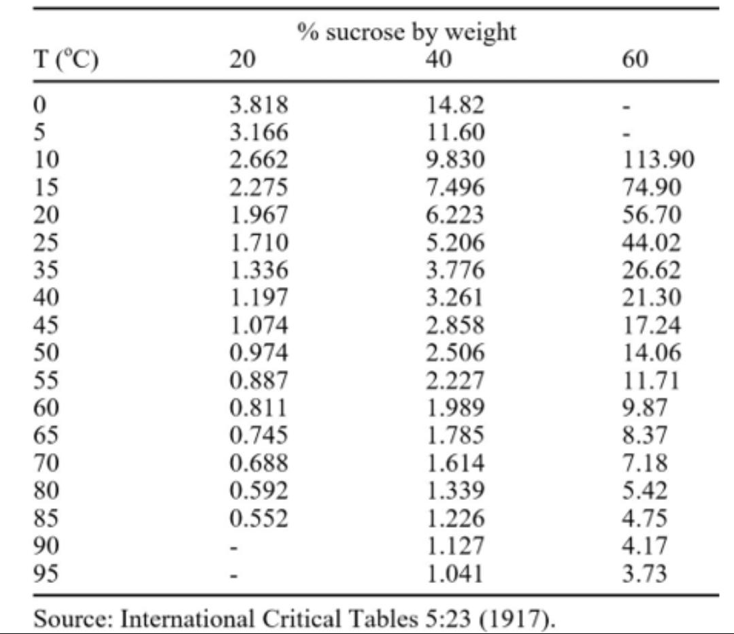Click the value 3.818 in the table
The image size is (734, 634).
[x=258, y=104]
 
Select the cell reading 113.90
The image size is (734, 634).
[x=658, y=160]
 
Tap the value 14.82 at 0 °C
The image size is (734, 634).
[x=455, y=104]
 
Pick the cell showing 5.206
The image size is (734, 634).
[x=455, y=243]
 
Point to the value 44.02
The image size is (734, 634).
[x=651, y=243]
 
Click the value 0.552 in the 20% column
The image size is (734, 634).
[x=258, y=518]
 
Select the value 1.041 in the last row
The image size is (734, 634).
[x=455, y=573]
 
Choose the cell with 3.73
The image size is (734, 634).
[x=644, y=573]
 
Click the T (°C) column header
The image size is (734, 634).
[x=66, y=60]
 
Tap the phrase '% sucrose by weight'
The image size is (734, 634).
[x=406, y=32]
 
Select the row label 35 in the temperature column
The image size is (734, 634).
[x=46, y=270]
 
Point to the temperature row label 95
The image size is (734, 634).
[x=46, y=573]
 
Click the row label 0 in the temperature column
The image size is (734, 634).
[x=39, y=104]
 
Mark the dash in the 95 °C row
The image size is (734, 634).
[x=234, y=575]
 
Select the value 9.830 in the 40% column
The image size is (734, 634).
[x=455, y=160]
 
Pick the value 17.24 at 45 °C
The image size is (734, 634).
[x=651, y=325]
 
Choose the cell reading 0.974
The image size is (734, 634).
[x=258, y=353]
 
